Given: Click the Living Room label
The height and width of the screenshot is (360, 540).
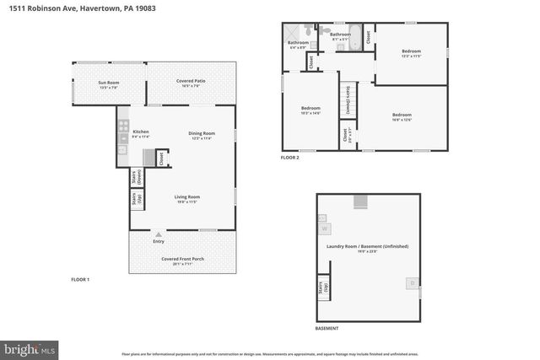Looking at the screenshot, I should [x=187, y=198].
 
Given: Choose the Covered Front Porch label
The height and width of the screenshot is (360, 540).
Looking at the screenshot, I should [x=183, y=260].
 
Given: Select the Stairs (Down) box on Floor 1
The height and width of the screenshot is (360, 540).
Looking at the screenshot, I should [x=136, y=178].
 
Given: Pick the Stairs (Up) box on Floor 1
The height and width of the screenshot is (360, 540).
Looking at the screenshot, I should [x=136, y=199].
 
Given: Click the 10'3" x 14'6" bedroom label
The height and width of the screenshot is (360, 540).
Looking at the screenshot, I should [x=311, y=110].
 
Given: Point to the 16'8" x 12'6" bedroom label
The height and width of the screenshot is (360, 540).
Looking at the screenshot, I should [x=402, y=116].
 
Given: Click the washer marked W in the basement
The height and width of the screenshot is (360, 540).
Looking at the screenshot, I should [x=323, y=228].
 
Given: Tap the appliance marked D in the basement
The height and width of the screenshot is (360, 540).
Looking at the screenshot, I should [x=413, y=283].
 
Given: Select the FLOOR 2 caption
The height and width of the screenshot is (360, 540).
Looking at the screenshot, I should [x=290, y=158].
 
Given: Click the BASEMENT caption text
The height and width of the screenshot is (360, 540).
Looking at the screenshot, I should [x=327, y=328].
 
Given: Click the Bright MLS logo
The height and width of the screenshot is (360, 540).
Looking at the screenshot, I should [x=30, y=347].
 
